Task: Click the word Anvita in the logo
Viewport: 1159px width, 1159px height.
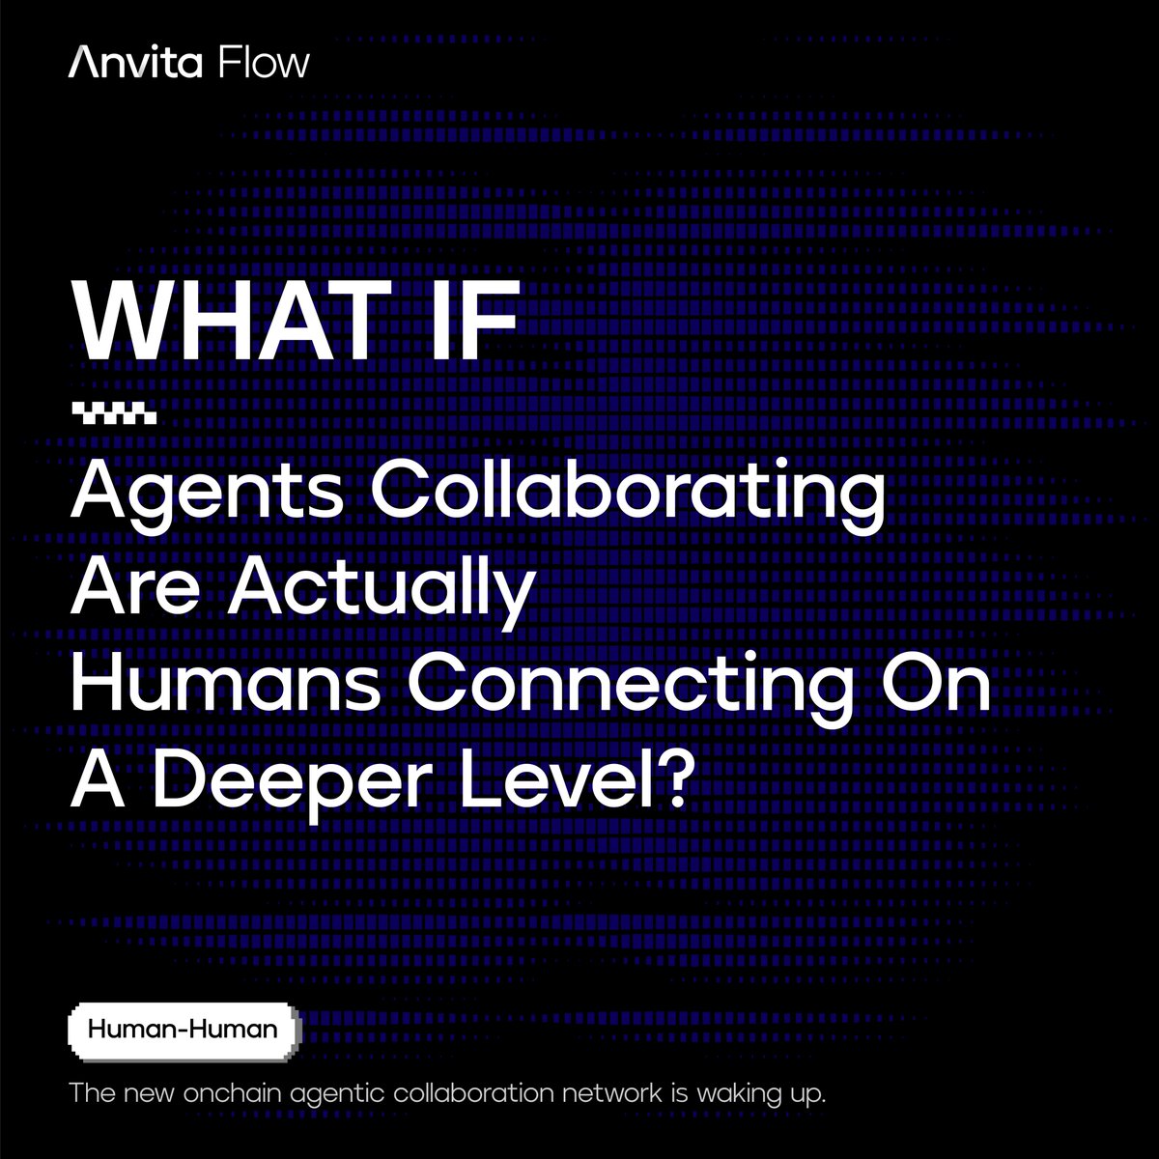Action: coord(135,63)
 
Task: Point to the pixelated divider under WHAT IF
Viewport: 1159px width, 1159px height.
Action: coord(114,418)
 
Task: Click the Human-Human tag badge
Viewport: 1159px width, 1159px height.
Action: coord(183,1030)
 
